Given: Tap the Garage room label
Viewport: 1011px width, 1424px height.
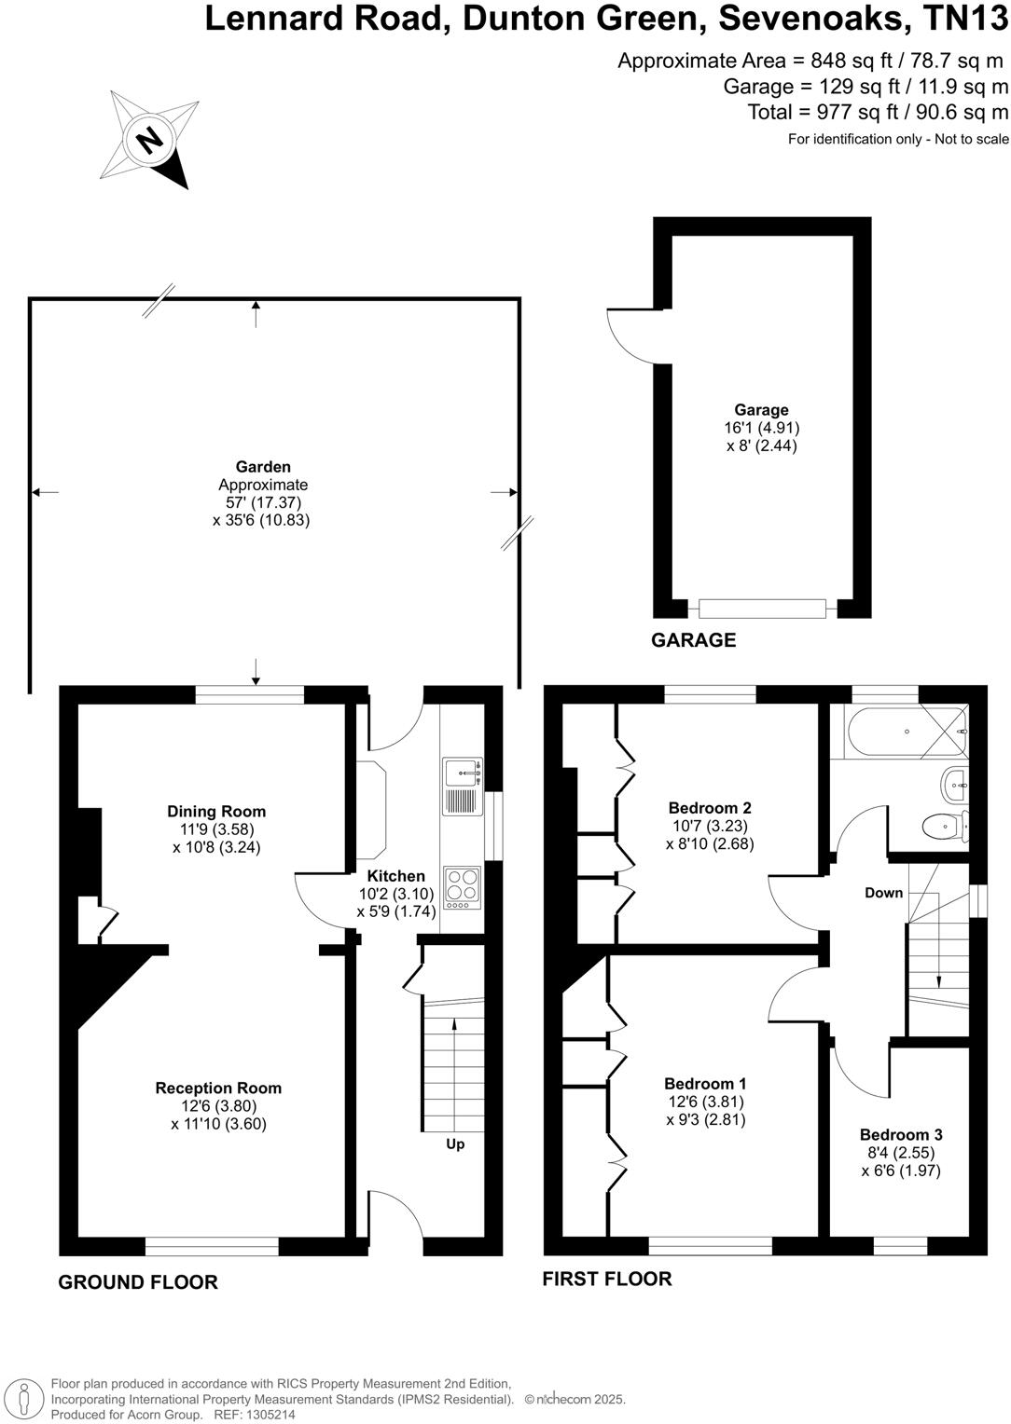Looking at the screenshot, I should click(x=761, y=410).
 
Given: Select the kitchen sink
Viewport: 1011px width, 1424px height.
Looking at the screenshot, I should click(x=463, y=773).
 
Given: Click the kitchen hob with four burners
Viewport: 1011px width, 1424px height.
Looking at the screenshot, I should click(x=463, y=888).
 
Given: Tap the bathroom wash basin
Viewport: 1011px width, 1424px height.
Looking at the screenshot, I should click(x=954, y=784).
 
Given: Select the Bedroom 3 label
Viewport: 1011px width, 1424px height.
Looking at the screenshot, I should click(x=900, y=1134).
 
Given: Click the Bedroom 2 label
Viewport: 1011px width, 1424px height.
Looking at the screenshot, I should click(x=710, y=808).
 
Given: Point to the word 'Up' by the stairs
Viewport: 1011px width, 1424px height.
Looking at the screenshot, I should click(x=455, y=1143).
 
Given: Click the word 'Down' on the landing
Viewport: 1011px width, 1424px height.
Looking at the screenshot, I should click(x=883, y=893).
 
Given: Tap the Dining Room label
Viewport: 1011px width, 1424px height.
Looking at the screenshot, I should click(x=216, y=812).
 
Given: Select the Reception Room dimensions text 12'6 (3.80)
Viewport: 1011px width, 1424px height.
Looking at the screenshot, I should click(x=218, y=1106).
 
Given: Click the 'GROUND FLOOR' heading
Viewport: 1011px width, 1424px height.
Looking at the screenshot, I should click(x=138, y=1282).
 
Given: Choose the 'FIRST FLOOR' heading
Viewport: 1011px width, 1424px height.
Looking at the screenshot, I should click(x=607, y=1279).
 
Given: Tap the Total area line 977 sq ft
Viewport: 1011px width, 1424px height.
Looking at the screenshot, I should click(x=878, y=113).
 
